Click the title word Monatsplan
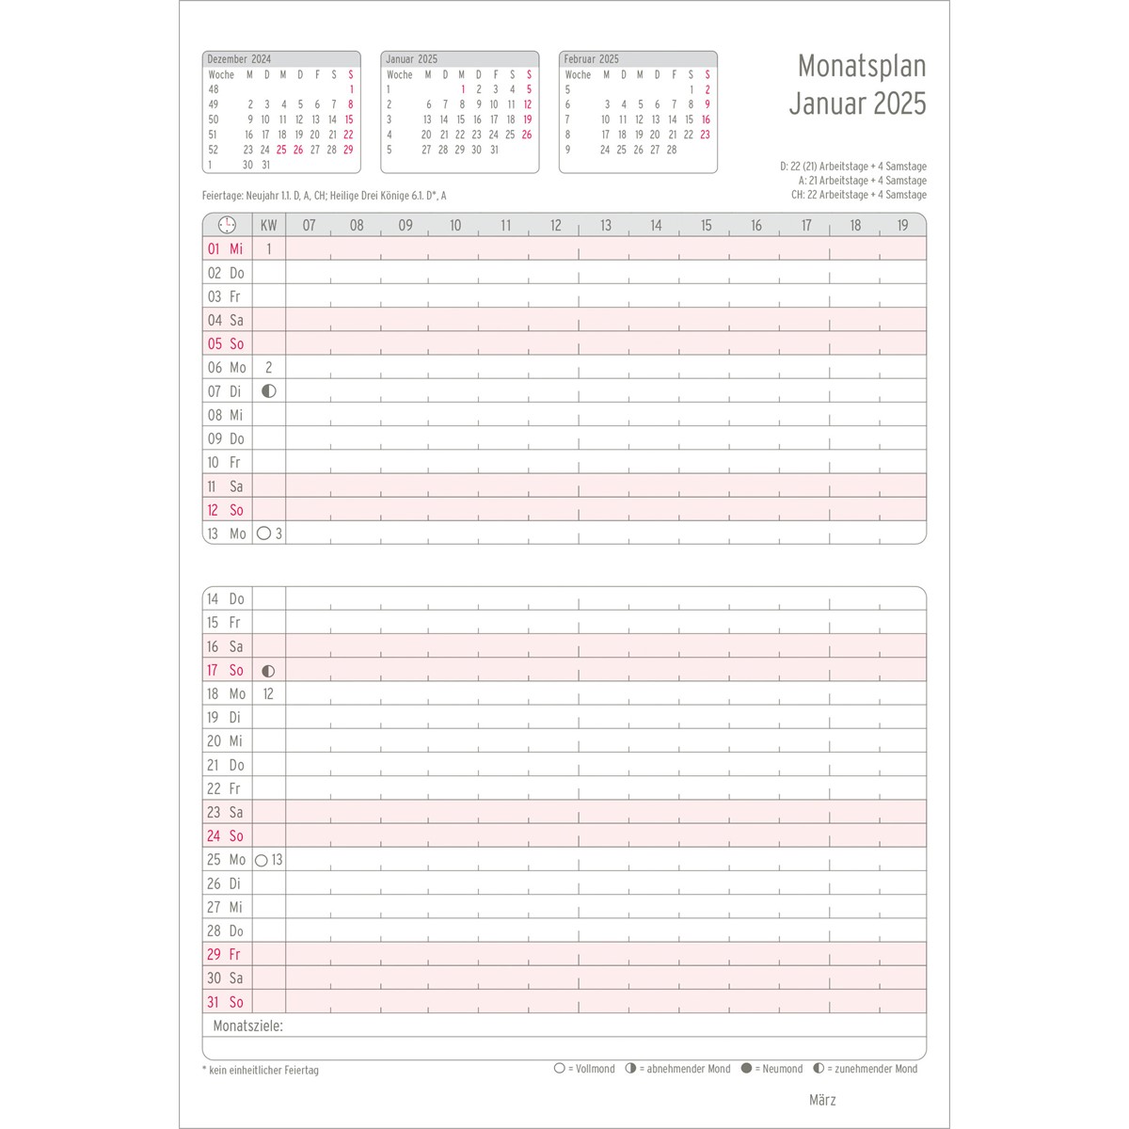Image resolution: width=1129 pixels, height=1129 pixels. point(861,66)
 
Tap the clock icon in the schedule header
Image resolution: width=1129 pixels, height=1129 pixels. point(227,225)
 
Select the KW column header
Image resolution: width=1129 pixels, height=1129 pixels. point(269,226)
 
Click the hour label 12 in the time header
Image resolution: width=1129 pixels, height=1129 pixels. point(555,226)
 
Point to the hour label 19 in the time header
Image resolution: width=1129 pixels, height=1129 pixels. point(902,226)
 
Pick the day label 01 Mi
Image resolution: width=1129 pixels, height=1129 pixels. point(226,249)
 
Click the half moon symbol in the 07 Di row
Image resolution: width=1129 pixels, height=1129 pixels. point(269,391)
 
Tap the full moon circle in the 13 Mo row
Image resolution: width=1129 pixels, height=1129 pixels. point(263,533)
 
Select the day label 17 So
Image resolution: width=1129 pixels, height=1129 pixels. point(226,670)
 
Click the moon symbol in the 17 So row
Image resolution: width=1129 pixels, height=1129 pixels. point(268,671)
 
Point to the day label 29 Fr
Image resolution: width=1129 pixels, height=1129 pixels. point(224,954)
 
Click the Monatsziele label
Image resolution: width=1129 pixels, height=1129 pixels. point(247,1026)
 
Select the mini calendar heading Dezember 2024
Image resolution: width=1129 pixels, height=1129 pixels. point(239,58)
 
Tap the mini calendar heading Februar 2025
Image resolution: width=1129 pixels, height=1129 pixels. point(592,58)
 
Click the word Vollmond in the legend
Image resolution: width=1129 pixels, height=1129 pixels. point(595,1069)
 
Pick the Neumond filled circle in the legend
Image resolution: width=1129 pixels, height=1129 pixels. point(746,1069)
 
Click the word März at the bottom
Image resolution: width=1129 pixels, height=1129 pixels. point(822,1100)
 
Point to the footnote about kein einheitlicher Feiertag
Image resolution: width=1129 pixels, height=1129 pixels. point(262,1070)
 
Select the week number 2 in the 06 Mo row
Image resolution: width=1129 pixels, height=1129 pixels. point(268,368)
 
